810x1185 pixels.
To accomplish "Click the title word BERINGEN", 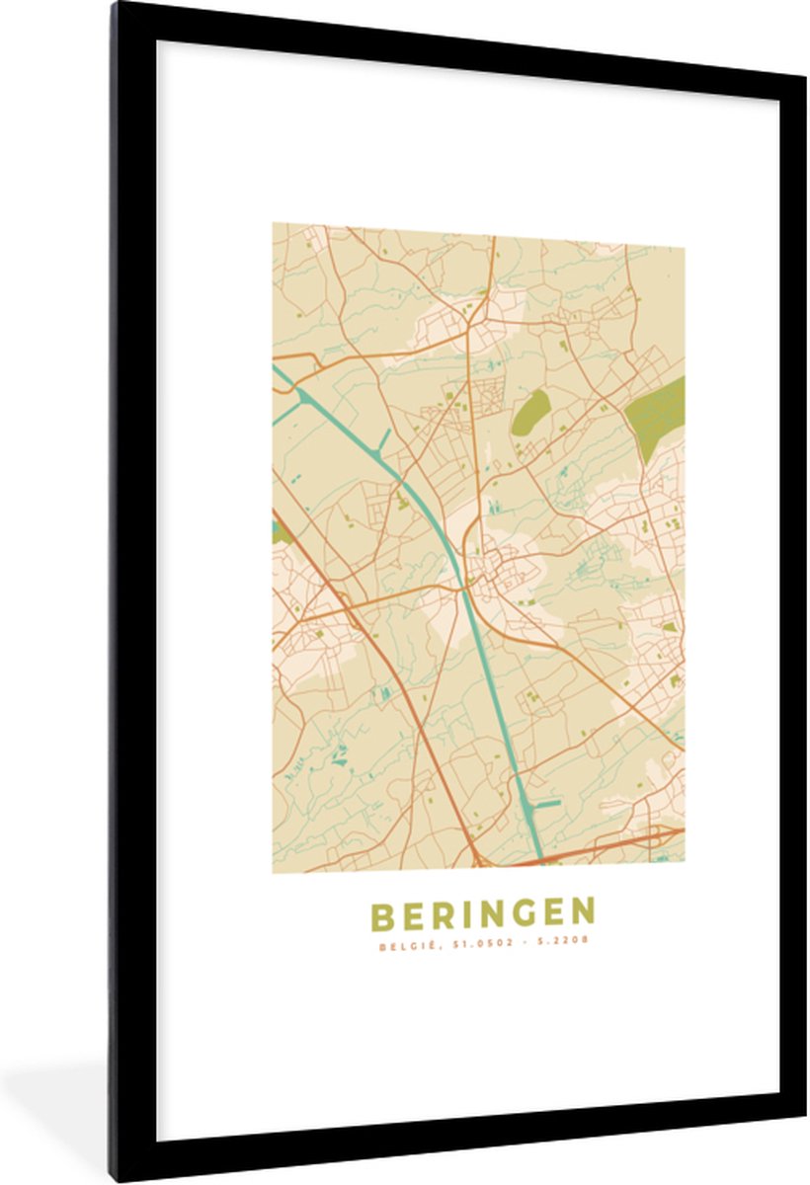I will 482,914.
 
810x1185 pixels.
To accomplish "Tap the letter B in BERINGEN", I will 381,914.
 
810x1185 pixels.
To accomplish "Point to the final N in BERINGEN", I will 583,914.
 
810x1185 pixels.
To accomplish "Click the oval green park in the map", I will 529,411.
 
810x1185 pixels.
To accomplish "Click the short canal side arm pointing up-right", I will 382,440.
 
